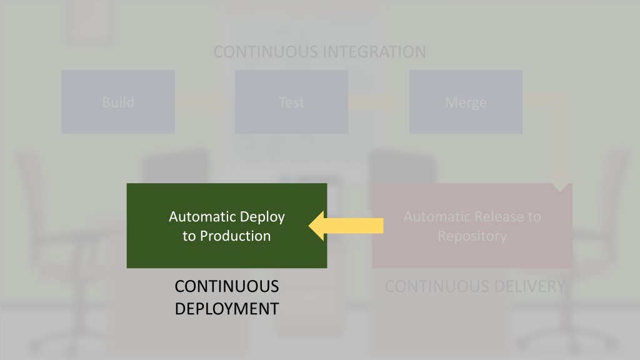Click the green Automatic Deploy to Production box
(x=227, y=226)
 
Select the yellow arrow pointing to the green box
(x=346, y=226)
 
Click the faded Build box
(x=118, y=102)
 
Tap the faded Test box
(x=291, y=102)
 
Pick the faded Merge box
(x=466, y=102)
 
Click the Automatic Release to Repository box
(x=472, y=226)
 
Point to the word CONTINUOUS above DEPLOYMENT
(x=227, y=286)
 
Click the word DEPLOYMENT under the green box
(x=227, y=309)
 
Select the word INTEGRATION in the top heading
(x=374, y=52)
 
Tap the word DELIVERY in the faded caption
(x=524, y=286)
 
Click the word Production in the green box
(x=236, y=236)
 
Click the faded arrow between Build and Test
(x=202, y=102)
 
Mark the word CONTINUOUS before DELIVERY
(x=432, y=286)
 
